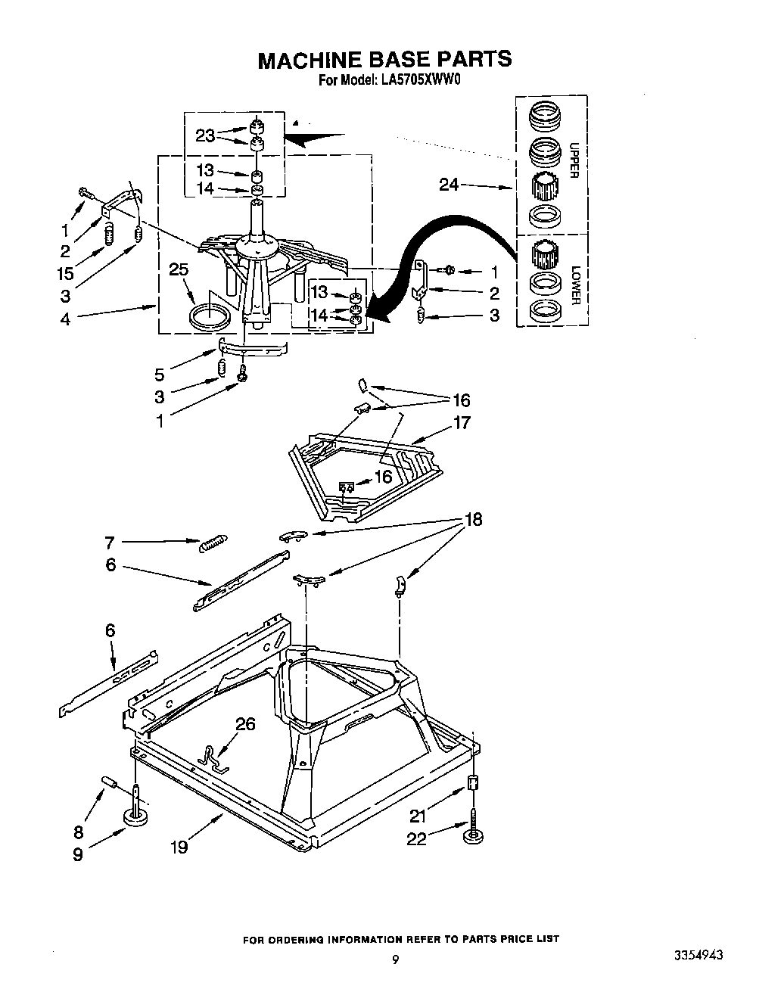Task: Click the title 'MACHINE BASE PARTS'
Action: pyautogui.click(x=384, y=59)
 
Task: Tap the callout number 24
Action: pyautogui.click(x=450, y=184)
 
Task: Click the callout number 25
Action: pyautogui.click(x=179, y=270)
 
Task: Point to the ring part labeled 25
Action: pyautogui.click(x=209, y=316)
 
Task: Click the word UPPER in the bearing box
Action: pyautogui.click(x=573, y=160)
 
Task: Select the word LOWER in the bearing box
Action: pyautogui.click(x=574, y=285)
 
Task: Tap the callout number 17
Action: pyautogui.click(x=462, y=422)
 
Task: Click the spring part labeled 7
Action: pyautogui.click(x=213, y=542)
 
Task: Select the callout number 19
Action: pyautogui.click(x=179, y=847)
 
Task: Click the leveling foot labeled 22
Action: pyautogui.click(x=474, y=834)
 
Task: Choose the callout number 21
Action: pyautogui.click(x=418, y=815)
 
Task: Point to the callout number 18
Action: pyautogui.click(x=472, y=520)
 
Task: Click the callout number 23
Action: pyautogui.click(x=205, y=135)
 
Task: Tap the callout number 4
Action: pyautogui.click(x=66, y=319)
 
